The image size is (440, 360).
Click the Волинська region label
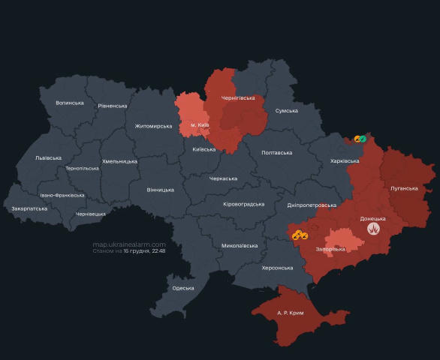70,103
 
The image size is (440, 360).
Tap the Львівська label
48,157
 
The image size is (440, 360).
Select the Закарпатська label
29,208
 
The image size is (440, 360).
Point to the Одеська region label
182,288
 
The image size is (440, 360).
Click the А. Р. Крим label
290,312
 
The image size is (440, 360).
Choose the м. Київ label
199,124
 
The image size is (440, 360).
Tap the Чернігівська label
238,98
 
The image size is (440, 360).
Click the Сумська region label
287,110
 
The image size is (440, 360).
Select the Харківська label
345,160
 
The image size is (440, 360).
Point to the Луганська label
404,188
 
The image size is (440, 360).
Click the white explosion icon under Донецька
372,232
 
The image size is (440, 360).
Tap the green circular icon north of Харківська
362,138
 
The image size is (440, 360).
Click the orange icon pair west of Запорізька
300,235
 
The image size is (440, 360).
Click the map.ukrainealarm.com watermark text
128,244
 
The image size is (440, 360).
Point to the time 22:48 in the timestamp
158,251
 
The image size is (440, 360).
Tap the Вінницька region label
160,190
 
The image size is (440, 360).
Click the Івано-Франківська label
62,195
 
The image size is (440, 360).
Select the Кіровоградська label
244,204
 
